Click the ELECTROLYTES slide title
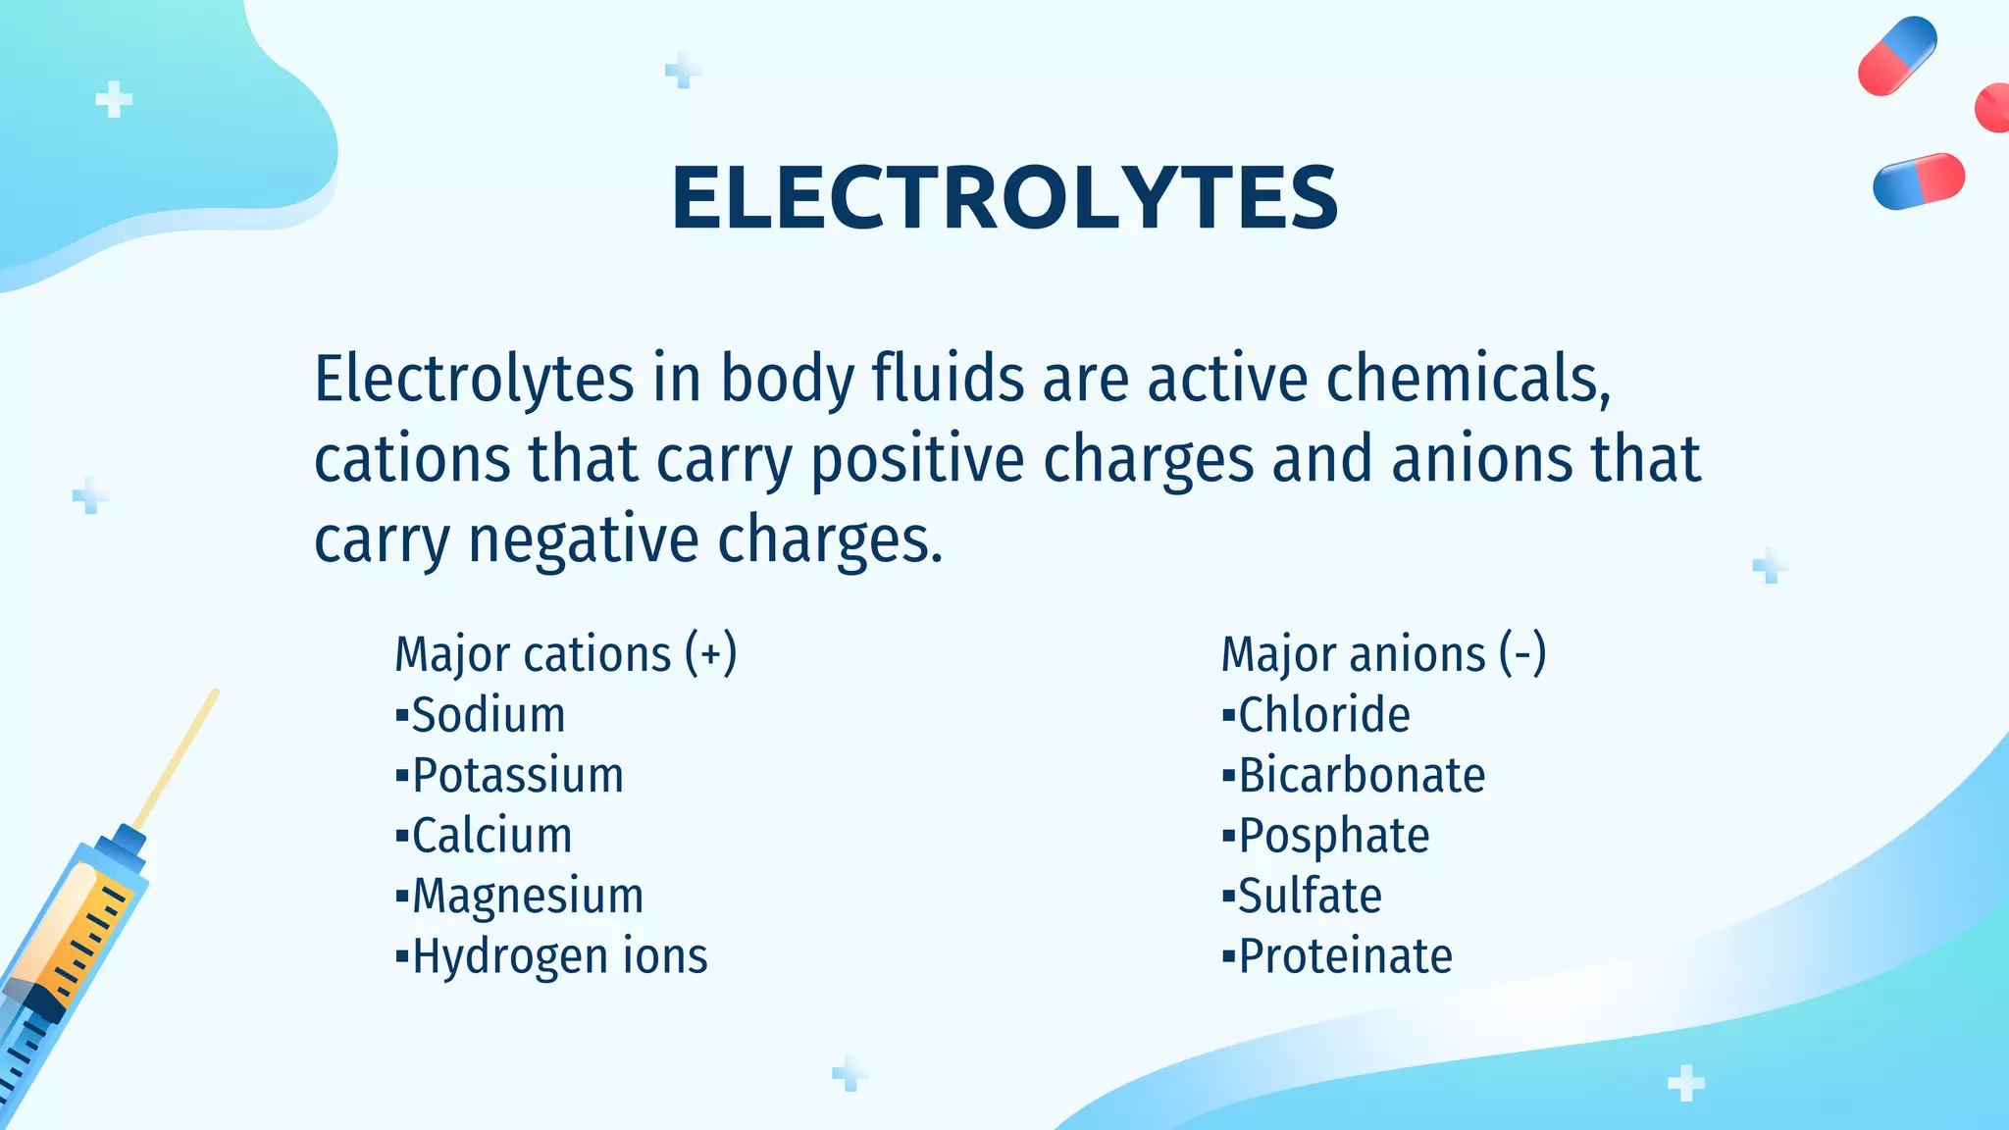pyautogui.click(x=1004, y=198)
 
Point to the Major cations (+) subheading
pyautogui.click(x=565, y=654)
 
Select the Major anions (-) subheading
pyautogui.click(x=1383, y=654)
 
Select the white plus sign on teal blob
pyautogui.click(x=114, y=99)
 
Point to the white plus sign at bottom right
pyautogui.click(x=1685, y=1083)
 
